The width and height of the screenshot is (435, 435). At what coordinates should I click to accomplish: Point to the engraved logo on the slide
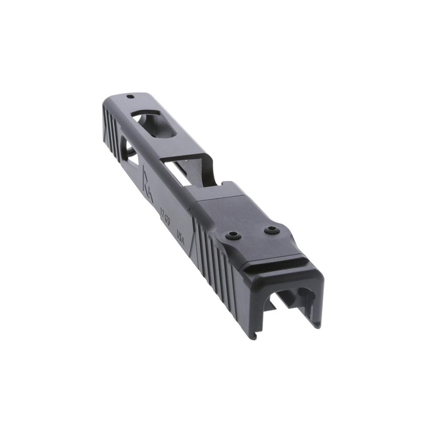click(147, 183)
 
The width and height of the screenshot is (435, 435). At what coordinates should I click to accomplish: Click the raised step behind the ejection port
click(231, 189)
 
